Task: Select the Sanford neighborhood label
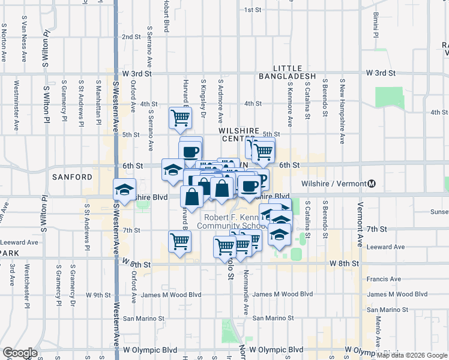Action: click(72, 177)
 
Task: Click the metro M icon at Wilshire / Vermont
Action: click(372, 183)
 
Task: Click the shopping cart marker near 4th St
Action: click(180, 118)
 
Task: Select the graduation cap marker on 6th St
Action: click(173, 170)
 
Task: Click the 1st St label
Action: click(253, 10)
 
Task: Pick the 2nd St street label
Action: click(131, 37)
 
